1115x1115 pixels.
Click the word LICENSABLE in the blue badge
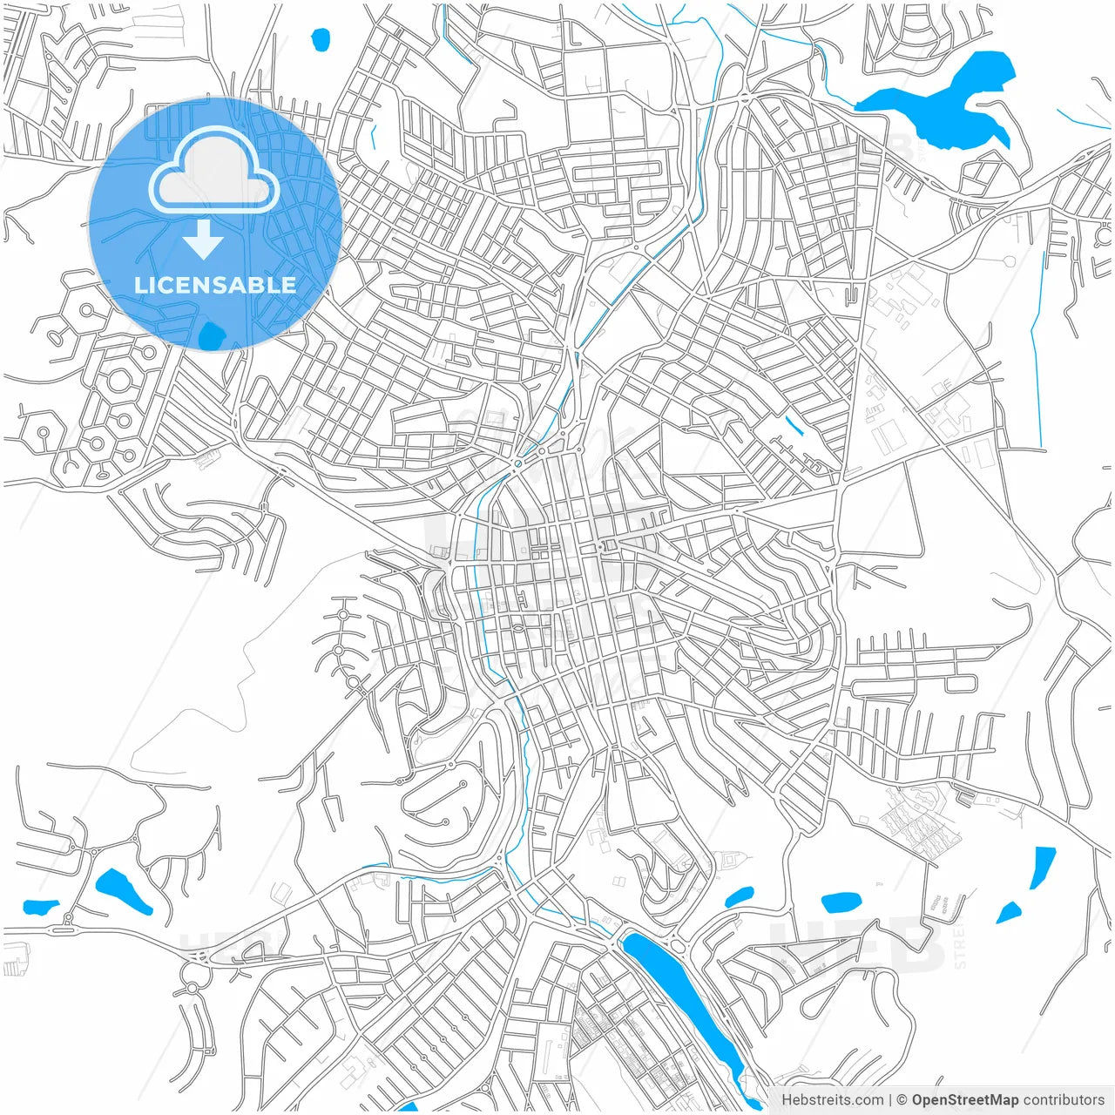[215, 286]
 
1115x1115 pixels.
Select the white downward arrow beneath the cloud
[204, 239]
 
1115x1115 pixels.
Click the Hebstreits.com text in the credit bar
[832, 1100]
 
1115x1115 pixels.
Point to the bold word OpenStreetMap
[965, 1100]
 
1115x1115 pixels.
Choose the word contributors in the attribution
[1064, 1100]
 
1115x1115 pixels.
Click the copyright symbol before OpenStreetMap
[902, 1100]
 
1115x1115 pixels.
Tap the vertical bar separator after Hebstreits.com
[889, 1100]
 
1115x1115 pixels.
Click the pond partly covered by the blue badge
[211, 335]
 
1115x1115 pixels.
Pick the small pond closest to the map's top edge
[321, 39]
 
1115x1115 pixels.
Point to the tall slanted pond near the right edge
[1042, 866]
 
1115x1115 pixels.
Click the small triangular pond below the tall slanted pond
[1009, 912]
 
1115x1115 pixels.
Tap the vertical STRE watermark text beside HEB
[960, 948]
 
